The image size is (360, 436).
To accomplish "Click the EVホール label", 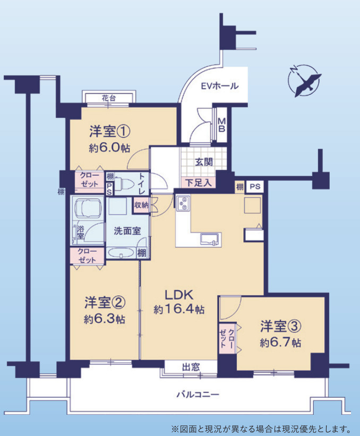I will click(x=219, y=86).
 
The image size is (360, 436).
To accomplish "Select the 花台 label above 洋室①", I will click(x=109, y=98).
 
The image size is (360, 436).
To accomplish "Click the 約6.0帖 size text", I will click(x=109, y=148).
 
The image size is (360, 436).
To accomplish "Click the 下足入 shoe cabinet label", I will click(x=199, y=183).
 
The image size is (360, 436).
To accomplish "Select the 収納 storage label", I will click(x=141, y=204).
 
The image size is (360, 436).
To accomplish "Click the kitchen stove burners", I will click(x=183, y=203).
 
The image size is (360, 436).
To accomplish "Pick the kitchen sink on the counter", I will click(x=211, y=238).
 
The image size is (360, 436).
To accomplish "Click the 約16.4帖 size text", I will click(x=179, y=309).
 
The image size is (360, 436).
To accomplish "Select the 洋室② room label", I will click(x=105, y=303).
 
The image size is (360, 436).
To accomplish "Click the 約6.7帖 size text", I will click(x=280, y=343).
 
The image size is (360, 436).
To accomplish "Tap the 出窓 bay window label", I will click(x=191, y=366).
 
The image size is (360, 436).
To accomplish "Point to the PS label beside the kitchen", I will click(x=255, y=186).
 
